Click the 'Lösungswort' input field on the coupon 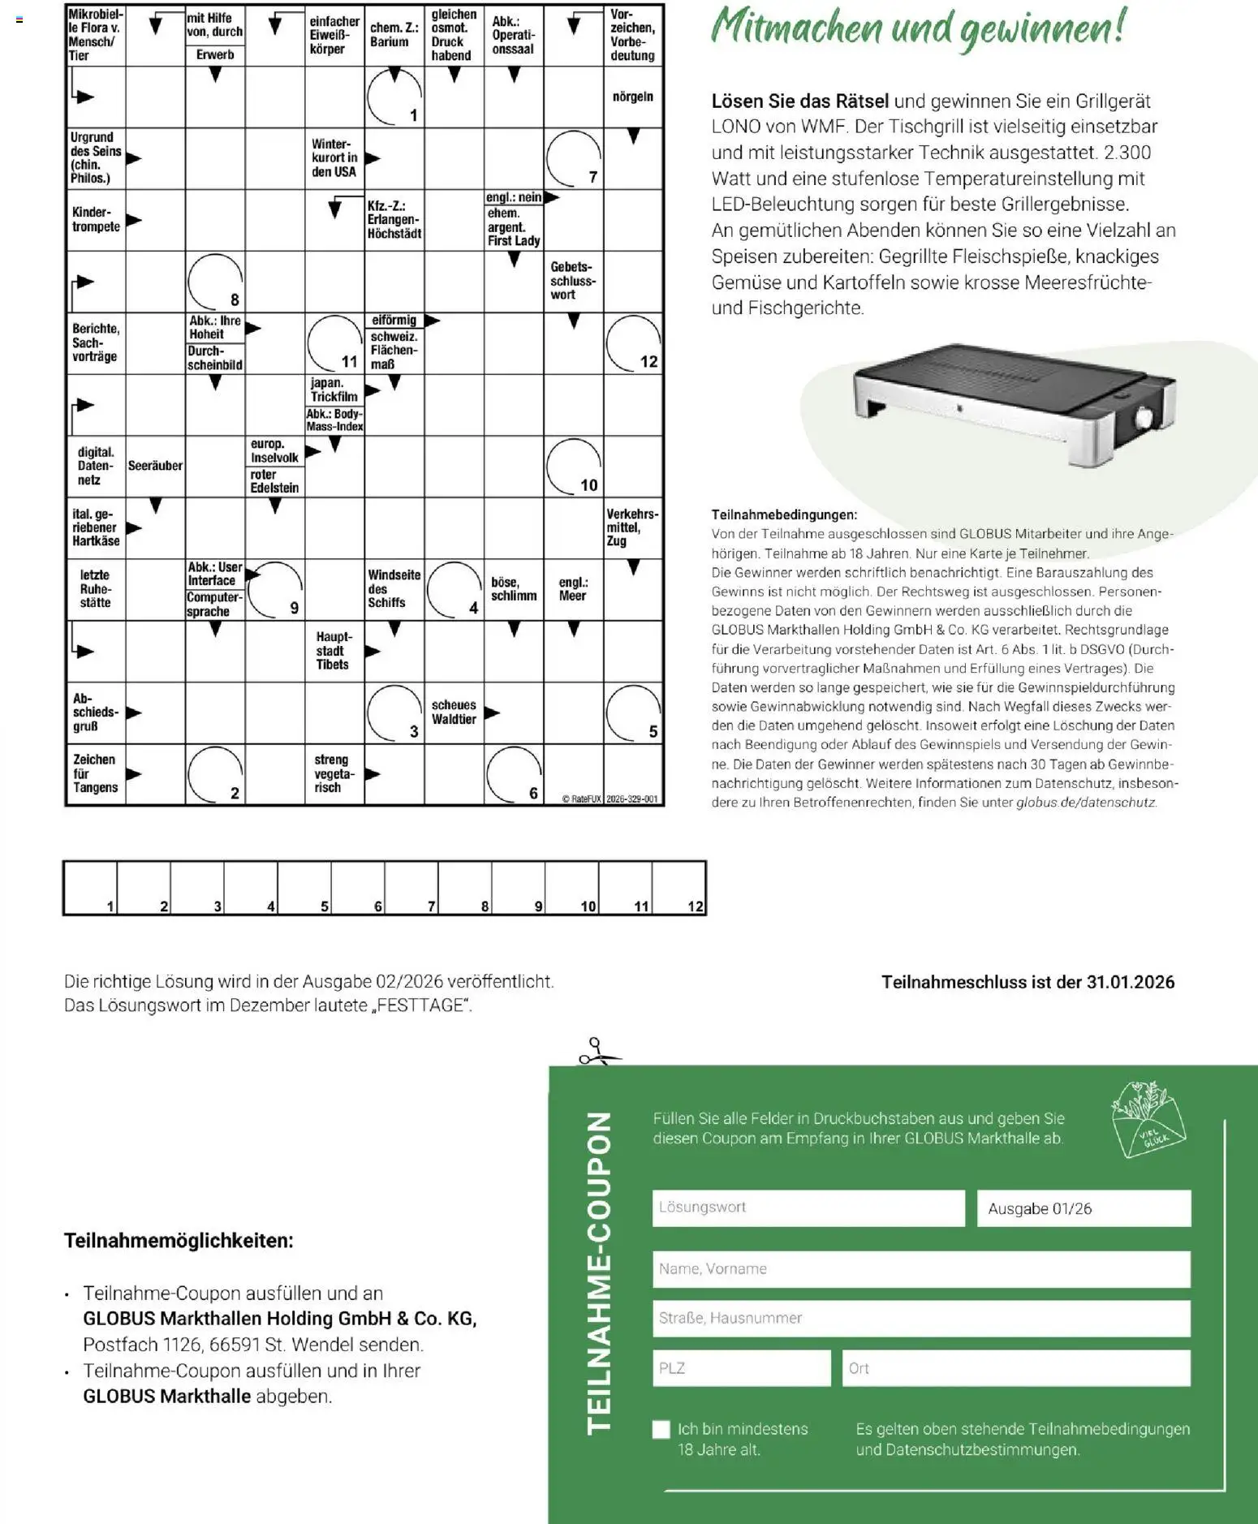tap(808, 1208)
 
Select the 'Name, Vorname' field tap(920, 1269)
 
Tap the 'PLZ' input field tap(740, 1368)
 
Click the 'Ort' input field tap(1015, 1368)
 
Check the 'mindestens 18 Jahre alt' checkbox tap(661, 1429)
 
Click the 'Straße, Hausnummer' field tap(920, 1319)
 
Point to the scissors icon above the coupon tap(597, 1052)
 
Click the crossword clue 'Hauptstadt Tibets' tap(334, 651)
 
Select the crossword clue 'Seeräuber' tap(155, 466)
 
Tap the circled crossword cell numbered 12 tap(634, 343)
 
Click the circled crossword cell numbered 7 tap(574, 158)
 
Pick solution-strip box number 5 tap(304, 888)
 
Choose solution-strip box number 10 tap(572, 888)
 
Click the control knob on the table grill tap(1143, 420)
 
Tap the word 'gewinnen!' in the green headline tap(1042, 28)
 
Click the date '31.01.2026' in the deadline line tap(1130, 982)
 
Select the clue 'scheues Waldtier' tap(454, 712)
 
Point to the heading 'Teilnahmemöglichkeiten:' tap(179, 1241)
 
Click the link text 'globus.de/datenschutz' tap(1086, 803)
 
